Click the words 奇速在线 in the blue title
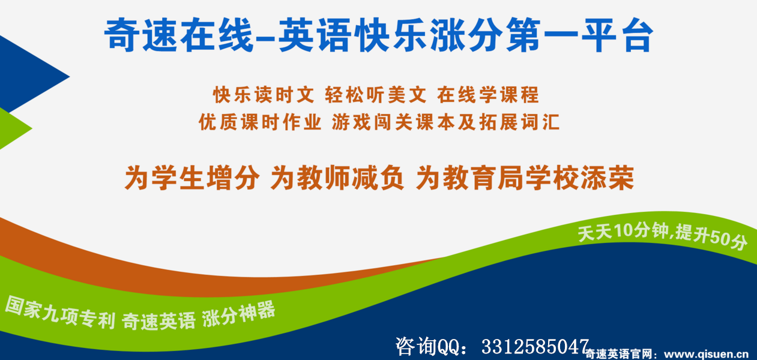pyautogui.click(x=179, y=35)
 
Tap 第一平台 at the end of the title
pyautogui.click(x=579, y=35)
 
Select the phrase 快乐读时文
pyautogui.click(x=264, y=95)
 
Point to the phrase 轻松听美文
pyautogui.click(x=376, y=95)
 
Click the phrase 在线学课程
pyautogui.click(x=488, y=95)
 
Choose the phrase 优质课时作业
pyautogui.click(x=260, y=122)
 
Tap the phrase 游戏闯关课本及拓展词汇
pyautogui.click(x=446, y=122)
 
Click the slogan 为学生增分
pyautogui.click(x=192, y=178)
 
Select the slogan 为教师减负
pyautogui.click(x=337, y=178)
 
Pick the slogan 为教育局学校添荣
pyautogui.click(x=525, y=178)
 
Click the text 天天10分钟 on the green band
pyautogui.click(x=624, y=232)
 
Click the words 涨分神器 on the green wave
pyautogui.click(x=239, y=315)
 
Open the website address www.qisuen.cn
pyautogui.click(x=707, y=354)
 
